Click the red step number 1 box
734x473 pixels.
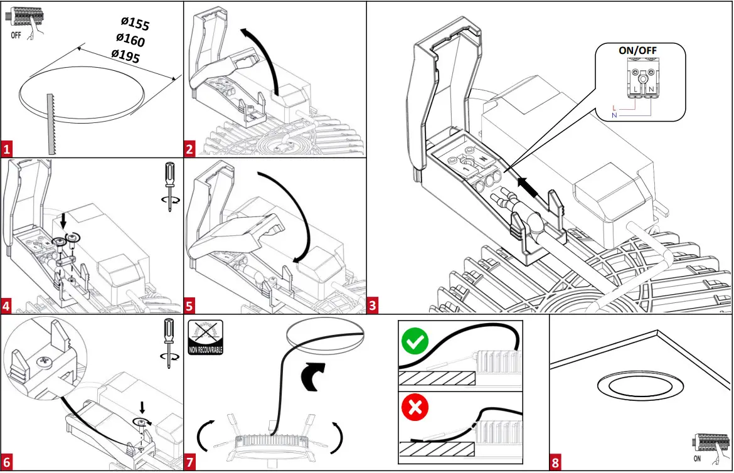point(7,149)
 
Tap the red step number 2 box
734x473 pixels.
point(190,149)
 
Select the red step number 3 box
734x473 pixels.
point(373,306)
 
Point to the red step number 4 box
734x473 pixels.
point(7,306)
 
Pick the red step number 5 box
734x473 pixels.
point(190,306)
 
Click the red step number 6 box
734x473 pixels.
point(7,463)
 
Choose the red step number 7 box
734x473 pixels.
point(190,463)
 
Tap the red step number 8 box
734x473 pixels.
point(555,463)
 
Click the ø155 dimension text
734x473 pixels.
point(136,24)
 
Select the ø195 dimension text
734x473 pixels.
point(125,55)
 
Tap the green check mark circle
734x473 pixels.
point(415,342)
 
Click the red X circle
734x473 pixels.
point(415,409)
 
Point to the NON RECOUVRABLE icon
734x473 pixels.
point(205,337)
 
